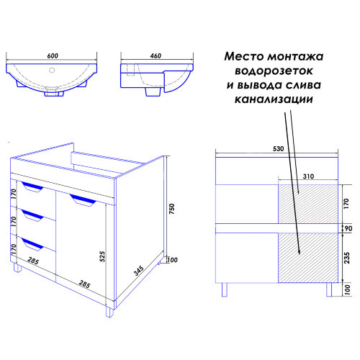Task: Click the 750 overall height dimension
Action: click(x=171, y=209)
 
